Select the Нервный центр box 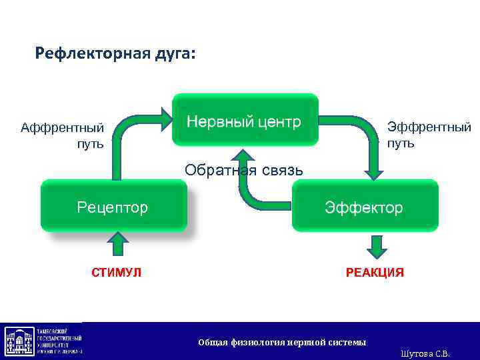coord(245,121)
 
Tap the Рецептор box coord(113,207)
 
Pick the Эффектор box coord(364,207)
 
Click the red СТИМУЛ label coord(116,272)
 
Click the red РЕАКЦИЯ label coord(374,272)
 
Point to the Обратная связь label coord(243,170)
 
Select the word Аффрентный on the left coord(62,127)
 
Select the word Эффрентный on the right coord(429,127)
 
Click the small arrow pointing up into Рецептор coord(118,243)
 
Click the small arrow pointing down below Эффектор coord(377,246)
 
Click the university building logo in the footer coord(21,341)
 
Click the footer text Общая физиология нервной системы coord(282,342)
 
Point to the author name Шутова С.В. coord(425,353)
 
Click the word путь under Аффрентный coord(90,143)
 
